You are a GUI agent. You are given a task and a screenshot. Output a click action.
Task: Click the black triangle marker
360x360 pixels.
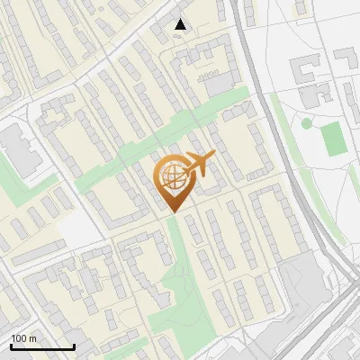click(181, 24)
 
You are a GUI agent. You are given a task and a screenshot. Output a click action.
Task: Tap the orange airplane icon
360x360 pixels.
click(196, 167)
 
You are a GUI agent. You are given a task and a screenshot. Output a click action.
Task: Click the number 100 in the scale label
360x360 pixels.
click(19, 338)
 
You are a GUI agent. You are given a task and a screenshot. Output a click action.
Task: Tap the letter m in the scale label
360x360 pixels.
click(32, 338)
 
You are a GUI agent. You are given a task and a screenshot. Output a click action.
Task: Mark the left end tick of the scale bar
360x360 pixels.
click(12, 346)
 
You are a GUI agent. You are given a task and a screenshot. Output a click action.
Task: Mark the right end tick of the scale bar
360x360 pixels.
click(74, 346)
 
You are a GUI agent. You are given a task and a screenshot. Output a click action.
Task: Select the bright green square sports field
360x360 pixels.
click(332, 138)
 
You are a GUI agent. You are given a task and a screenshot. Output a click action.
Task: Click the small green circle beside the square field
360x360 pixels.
click(306, 123)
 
